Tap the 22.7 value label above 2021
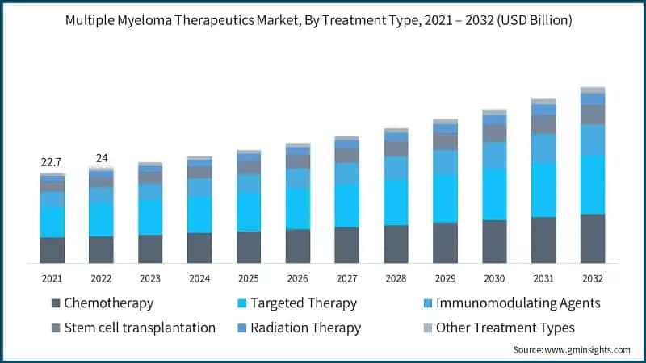[x=52, y=162]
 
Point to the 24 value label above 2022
[x=102, y=157]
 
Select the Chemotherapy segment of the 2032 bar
[x=593, y=238]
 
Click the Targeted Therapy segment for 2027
[x=347, y=206]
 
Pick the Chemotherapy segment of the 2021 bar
[x=52, y=249]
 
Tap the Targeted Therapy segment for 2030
[x=494, y=194]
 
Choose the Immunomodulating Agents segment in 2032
[x=593, y=140]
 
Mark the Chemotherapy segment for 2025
[x=249, y=247]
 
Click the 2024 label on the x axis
[x=199, y=278]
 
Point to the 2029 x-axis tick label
[x=445, y=278]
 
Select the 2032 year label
[x=593, y=278]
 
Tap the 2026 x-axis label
[x=298, y=278]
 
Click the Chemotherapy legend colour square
[x=55, y=303]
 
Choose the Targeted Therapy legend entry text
[x=304, y=303]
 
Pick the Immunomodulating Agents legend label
[x=518, y=303]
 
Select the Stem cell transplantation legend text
[x=139, y=328]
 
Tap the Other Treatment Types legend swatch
[x=426, y=328]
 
